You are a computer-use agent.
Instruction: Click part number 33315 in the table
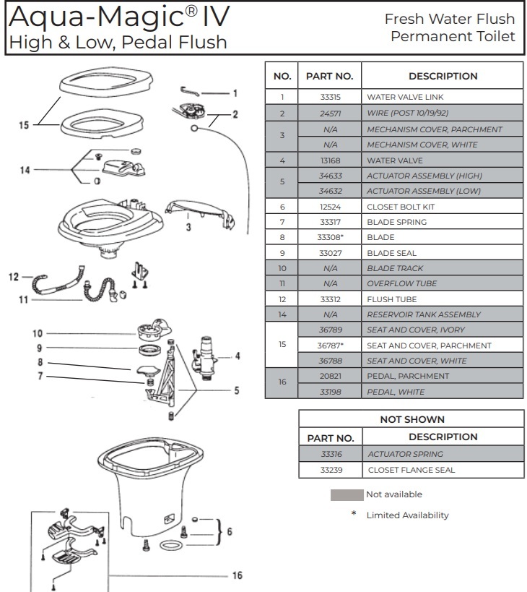[x=329, y=97]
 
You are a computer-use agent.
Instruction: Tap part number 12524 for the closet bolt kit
[x=329, y=207]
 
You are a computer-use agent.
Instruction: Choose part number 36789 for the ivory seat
[x=329, y=330]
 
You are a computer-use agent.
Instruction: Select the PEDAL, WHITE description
[x=396, y=392]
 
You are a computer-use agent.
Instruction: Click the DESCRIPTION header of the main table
[x=443, y=76]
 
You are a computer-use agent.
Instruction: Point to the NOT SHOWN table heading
[x=412, y=419]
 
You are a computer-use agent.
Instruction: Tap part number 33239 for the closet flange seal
[x=330, y=470]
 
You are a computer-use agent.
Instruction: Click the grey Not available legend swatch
[x=347, y=495]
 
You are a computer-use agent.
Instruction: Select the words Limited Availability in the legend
[x=407, y=515]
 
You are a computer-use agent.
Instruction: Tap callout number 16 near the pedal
[x=236, y=576]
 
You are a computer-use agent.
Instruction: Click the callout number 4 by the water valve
[x=237, y=356]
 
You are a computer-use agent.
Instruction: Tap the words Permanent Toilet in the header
[x=453, y=36]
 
